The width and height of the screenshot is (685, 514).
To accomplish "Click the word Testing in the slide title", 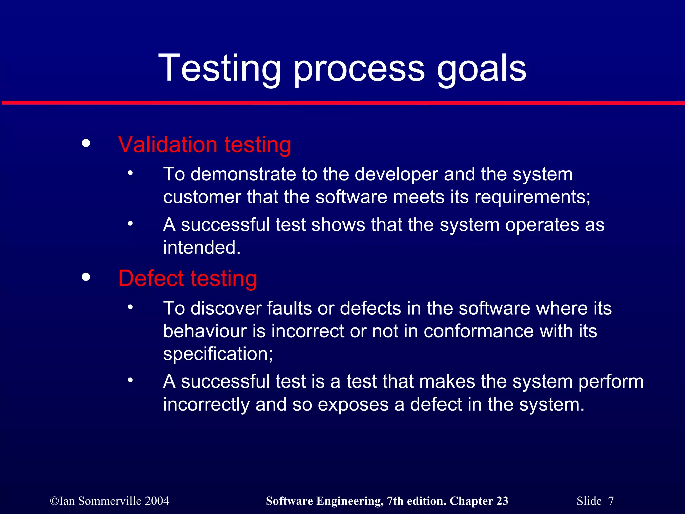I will click(x=219, y=69).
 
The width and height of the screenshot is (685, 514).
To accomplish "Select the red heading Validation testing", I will click(x=204, y=145).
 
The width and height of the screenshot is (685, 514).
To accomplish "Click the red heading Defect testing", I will click(x=187, y=278).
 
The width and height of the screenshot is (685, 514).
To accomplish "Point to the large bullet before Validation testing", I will click(x=86, y=143).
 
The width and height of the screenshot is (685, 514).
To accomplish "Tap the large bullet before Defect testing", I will click(x=86, y=277).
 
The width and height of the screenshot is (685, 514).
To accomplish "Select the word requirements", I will click(x=532, y=197).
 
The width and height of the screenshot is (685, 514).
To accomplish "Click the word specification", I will click(x=217, y=354).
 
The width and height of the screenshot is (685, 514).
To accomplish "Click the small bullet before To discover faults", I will click(x=130, y=307).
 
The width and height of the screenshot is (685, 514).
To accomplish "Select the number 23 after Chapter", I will click(x=502, y=501).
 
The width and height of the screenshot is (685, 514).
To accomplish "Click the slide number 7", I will click(x=611, y=501).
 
